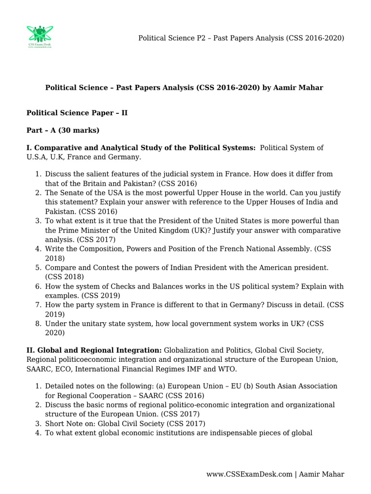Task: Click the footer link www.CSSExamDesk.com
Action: pyautogui.click(x=250, y=474)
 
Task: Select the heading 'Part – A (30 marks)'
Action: pyautogui.click(x=63, y=130)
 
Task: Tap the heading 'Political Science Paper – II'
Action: pyautogui.click(x=77, y=112)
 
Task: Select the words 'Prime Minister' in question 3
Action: pyautogui.click(x=83, y=230)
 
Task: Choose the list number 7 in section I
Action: pyautogui.click(x=38, y=305)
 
